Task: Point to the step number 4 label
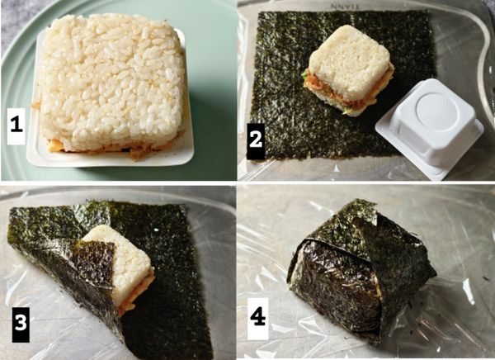click(257, 316)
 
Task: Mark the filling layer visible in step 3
click(136, 299)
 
